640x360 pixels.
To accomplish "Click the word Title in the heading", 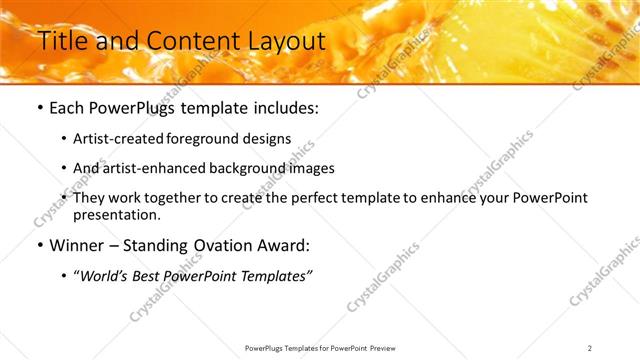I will pyautogui.click(x=61, y=41).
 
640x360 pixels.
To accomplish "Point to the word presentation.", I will pyautogui.click(x=116, y=215).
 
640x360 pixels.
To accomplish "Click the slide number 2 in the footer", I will pyautogui.click(x=590, y=348).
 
